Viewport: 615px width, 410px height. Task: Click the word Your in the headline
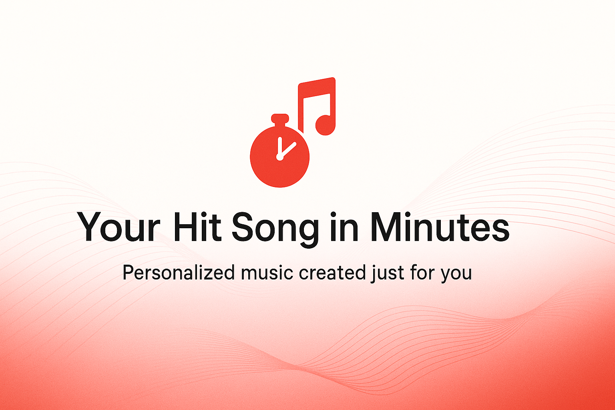(119, 227)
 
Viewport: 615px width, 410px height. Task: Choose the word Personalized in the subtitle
(179, 272)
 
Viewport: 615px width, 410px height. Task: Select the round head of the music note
(326, 125)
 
